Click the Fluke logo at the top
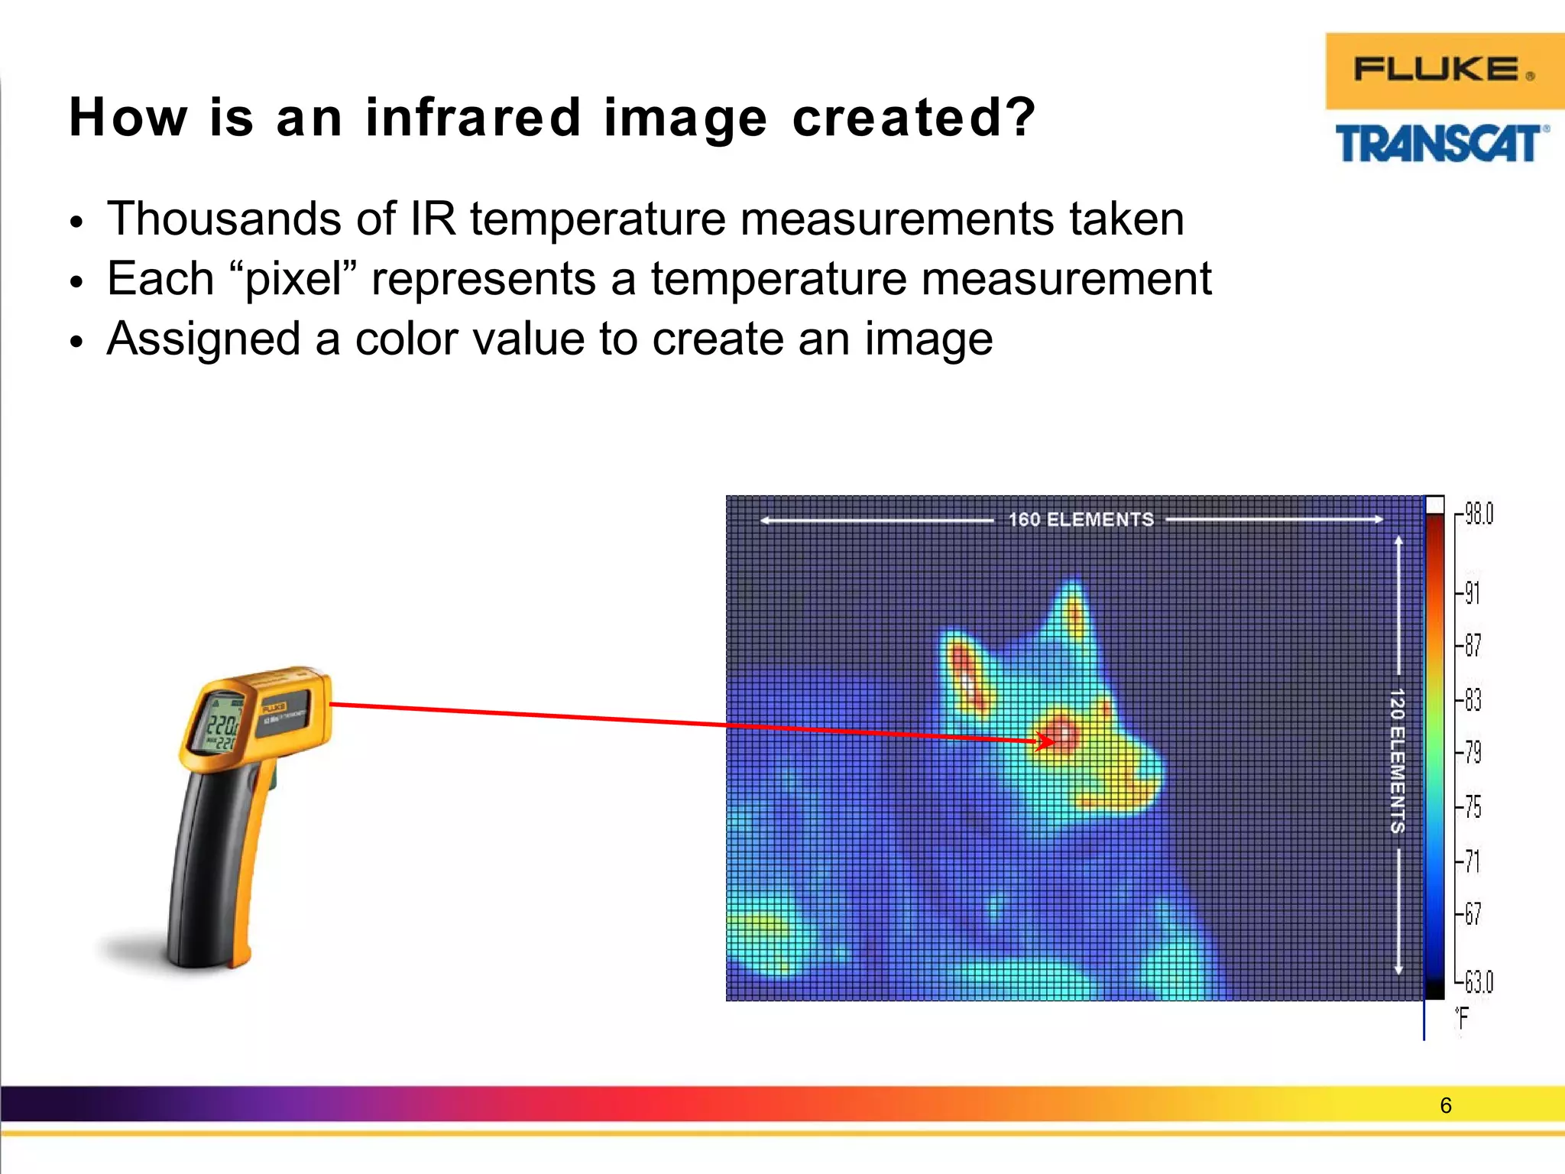coord(1443,70)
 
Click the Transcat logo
coord(1441,144)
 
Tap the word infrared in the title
coord(474,118)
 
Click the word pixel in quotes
coord(293,280)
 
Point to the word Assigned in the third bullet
coord(203,339)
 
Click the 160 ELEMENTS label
coord(1081,520)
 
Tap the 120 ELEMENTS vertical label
coord(1397,760)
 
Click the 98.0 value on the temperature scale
coord(1478,514)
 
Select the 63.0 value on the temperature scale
coord(1478,981)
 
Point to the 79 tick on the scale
coord(1473,753)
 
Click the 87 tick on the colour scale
coord(1473,646)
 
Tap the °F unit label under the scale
coord(1462,1018)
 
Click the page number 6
coord(1445,1105)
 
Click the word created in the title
coord(913,118)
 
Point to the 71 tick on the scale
coord(1473,861)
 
